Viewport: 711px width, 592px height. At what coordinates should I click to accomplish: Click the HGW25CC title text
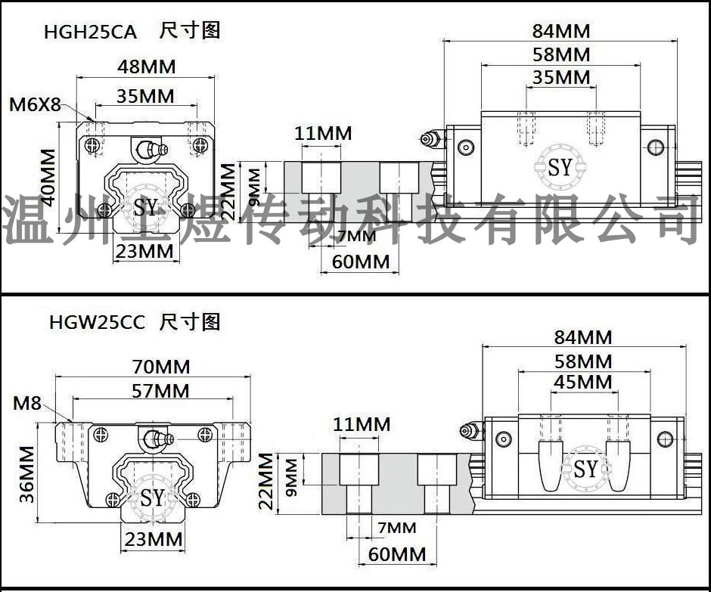97,322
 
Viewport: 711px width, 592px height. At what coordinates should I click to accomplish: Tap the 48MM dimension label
147,67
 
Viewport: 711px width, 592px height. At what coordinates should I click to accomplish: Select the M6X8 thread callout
35,104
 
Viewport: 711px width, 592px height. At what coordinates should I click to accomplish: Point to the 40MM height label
48,178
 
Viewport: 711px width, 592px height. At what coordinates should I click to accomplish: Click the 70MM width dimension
161,367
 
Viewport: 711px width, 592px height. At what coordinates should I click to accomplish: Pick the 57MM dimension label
160,391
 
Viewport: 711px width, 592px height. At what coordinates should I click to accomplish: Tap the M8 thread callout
27,403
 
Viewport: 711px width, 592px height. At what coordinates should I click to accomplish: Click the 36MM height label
26,474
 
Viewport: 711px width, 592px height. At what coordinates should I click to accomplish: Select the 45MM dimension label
583,382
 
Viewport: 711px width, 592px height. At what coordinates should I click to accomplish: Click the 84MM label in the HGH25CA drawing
561,31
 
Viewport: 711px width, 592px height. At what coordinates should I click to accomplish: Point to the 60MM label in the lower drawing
397,554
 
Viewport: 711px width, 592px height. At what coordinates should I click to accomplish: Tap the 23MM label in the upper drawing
144,251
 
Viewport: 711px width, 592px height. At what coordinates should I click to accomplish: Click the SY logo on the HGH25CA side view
560,167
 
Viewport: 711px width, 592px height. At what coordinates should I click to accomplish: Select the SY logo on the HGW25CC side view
586,469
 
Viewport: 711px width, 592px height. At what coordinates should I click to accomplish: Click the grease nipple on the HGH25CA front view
151,149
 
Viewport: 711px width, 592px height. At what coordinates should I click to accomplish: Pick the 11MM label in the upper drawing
323,133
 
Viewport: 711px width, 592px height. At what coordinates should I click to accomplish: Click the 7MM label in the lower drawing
397,528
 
